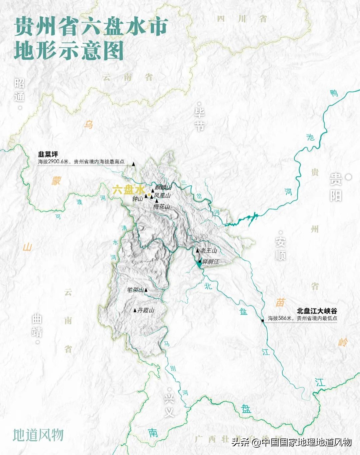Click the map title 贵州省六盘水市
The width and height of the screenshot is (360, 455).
pos(91,27)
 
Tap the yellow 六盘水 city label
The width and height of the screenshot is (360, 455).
pos(128,190)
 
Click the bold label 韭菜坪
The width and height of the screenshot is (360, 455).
pos(48,154)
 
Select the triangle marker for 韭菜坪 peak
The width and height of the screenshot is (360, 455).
pos(134,164)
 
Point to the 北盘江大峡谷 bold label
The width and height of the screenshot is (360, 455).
pos(317,311)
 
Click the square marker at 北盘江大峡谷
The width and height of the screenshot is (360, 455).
pos(263,320)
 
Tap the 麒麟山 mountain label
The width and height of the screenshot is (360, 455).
pos(163,188)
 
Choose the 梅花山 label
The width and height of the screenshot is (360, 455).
pos(162,207)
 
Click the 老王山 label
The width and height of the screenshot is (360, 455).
pos(209,250)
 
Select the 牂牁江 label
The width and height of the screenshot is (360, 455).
pos(211,262)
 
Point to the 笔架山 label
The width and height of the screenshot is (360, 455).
pos(135,290)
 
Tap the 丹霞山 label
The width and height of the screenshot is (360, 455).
pos(146,310)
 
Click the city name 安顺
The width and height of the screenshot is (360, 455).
pos(280,248)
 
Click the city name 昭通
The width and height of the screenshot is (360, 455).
pos(20,90)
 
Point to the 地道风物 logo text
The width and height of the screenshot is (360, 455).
pos(38,435)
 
